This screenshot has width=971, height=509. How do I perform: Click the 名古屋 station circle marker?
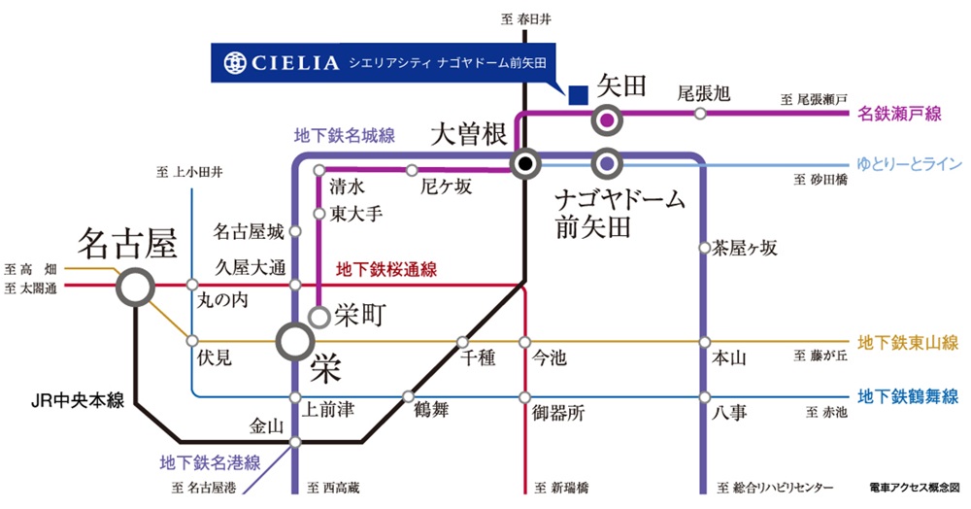[x=135, y=287]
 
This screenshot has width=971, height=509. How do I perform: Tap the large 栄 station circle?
[x=294, y=341]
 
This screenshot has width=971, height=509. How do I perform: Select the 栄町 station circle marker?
[x=318, y=316]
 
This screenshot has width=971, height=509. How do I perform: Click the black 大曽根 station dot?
[x=525, y=163]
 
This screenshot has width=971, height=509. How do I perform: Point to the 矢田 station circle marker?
[x=607, y=120]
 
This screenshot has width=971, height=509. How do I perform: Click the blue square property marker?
[x=578, y=94]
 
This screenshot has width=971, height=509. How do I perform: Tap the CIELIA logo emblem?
[x=235, y=63]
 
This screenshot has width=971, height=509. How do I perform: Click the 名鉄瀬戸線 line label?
[x=900, y=115]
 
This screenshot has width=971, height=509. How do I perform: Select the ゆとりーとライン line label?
[x=907, y=161]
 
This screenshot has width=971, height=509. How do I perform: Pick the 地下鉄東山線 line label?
[x=908, y=342]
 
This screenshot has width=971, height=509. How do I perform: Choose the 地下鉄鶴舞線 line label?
[x=908, y=396]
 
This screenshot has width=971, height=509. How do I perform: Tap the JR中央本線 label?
[x=76, y=399]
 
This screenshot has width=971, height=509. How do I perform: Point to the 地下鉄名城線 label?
[x=344, y=137]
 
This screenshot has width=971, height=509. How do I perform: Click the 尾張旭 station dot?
[x=700, y=114]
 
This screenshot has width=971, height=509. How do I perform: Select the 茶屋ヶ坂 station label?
[x=745, y=248]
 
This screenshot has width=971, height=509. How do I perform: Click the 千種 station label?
[x=480, y=358]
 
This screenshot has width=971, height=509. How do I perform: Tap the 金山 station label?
[x=265, y=424]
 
